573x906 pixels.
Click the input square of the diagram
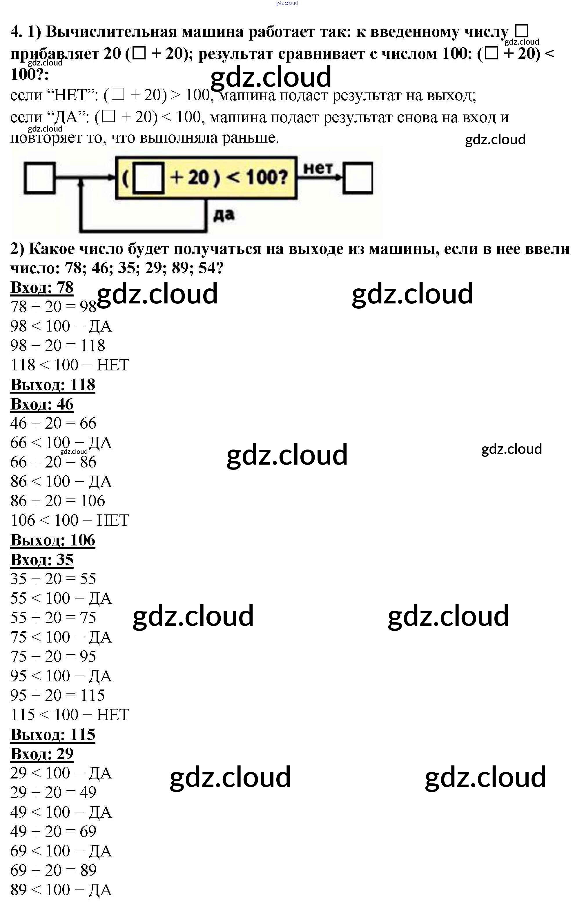(39, 178)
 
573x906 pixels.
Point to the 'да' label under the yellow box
(224, 215)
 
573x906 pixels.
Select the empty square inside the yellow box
(149, 178)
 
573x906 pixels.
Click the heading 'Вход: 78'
(42, 288)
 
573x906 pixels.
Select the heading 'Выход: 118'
(53, 385)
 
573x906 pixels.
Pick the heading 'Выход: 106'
(53, 540)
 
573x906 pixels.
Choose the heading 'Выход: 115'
(53, 734)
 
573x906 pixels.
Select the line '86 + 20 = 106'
(58, 501)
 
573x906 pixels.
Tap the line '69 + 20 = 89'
(53, 871)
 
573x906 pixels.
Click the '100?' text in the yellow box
(266, 177)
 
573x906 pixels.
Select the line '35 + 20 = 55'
(53, 579)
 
